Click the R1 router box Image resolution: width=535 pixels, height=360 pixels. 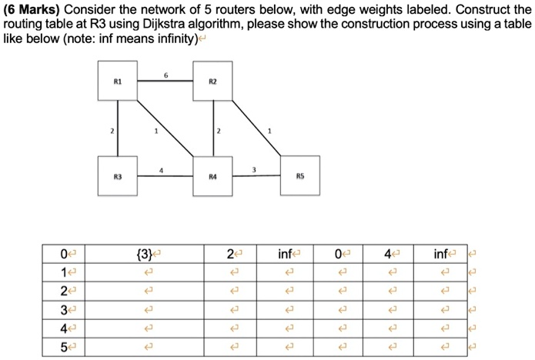coord(118,81)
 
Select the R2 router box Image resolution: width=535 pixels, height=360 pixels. coord(212,81)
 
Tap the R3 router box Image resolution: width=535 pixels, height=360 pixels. coord(118,176)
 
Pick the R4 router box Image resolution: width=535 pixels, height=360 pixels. coord(212,176)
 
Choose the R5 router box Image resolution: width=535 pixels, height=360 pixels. coord(300,175)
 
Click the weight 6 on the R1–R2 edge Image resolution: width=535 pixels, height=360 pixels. coord(166,75)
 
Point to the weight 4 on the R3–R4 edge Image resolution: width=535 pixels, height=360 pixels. coord(161,170)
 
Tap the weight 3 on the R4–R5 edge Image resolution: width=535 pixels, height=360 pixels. coord(254,169)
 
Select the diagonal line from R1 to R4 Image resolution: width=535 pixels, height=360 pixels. coord(166,128)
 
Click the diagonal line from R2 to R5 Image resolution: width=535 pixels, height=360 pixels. coord(256,128)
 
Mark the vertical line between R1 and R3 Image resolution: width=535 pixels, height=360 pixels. coord(118,128)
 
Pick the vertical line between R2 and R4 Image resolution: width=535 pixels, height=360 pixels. coord(213,128)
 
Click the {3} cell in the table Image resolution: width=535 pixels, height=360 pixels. coord(144,254)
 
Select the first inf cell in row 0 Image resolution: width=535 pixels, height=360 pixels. coord(285,254)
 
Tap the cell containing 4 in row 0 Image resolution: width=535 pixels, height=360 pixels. coord(388,254)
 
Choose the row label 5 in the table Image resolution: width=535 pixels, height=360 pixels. coord(64,347)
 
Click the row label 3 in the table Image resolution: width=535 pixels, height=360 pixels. coord(64,310)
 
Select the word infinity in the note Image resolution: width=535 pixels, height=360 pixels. coord(178,39)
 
